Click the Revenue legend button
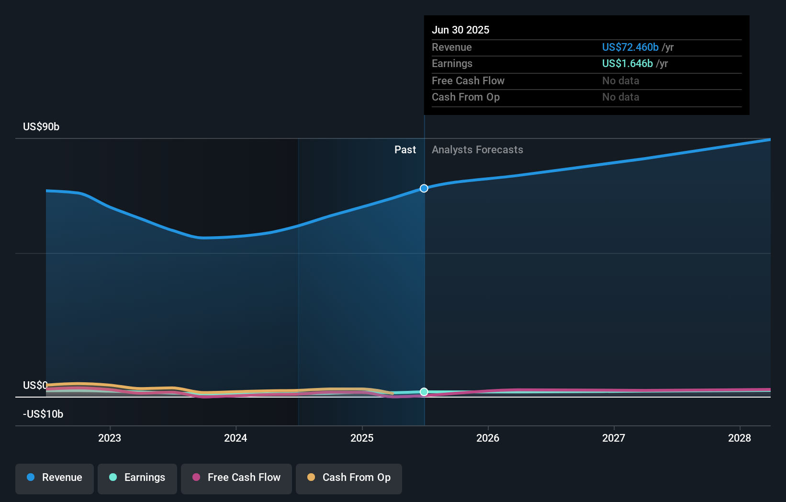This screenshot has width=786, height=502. click(55, 478)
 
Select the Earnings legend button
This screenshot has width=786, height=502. click(137, 478)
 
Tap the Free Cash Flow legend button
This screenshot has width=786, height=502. click(236, 478)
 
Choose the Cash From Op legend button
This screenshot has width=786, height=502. click(349, 478)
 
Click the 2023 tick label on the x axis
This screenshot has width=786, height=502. click(110, 438)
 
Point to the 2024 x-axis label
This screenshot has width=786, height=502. click(236, 438)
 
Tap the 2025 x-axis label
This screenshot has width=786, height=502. click(362, 438)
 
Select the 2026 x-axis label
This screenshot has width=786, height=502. click(488, 438)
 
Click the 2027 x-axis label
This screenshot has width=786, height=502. click(614, 438)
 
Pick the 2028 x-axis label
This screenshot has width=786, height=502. click(740, 438)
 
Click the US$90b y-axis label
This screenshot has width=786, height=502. click(41, 127)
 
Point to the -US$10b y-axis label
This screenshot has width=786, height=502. click(43, 414)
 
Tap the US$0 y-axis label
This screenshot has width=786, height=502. click(35, 386)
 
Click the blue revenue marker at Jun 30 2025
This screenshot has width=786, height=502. click(424, 188)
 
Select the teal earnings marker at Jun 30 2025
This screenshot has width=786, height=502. click(424, 392)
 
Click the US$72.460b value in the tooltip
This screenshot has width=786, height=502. click(630, 47)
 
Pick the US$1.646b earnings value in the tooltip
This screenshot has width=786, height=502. click(627, 64)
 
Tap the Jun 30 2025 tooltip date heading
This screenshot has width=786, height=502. click(460, 30)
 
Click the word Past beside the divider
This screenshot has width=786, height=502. click(405, 150)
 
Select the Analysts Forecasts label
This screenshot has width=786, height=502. click(477, 150)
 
